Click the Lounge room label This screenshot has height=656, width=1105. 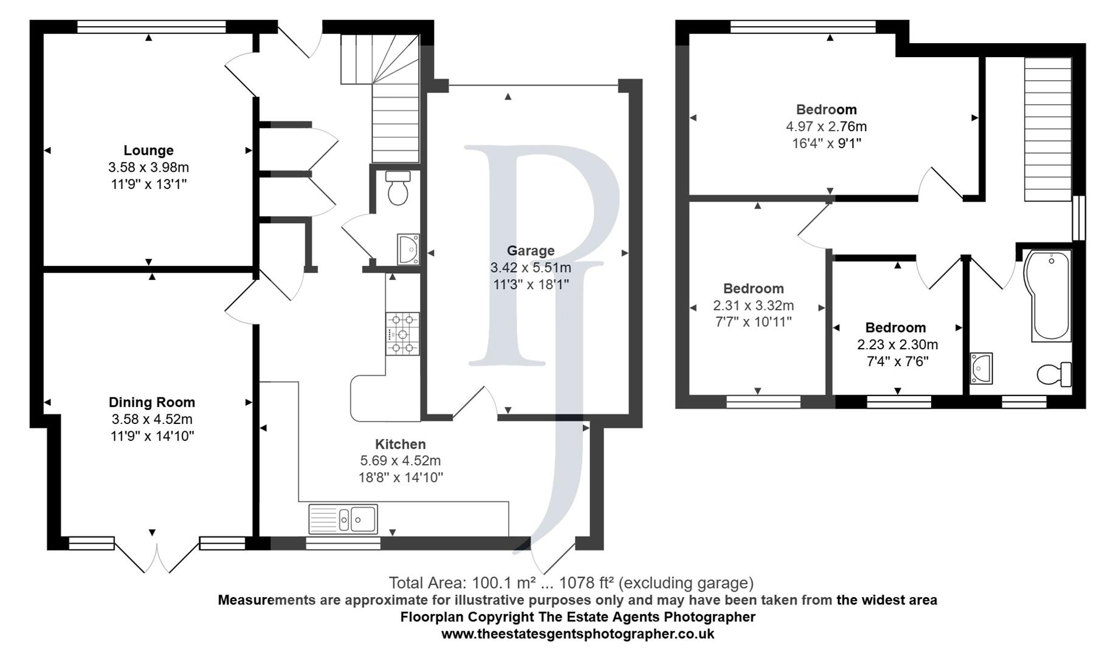pos(148,150)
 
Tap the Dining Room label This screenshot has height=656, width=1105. pos(152,402)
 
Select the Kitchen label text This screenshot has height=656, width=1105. pos(400,444)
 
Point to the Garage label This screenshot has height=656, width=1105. pos(531,250)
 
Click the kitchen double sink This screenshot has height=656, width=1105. pos(343,519)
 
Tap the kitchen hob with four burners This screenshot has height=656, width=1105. pos(402,333)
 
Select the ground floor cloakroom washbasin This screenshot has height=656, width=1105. pos(408,249)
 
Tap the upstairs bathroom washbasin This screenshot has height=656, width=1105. pos(981,368)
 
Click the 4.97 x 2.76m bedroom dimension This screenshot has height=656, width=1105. pos(826,126)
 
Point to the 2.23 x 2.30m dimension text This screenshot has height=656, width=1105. pos(897,344)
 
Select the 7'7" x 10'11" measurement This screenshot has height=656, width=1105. pos(753,322)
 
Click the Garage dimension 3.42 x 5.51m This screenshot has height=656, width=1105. pos(531,267)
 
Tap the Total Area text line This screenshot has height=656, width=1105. pos(571,583)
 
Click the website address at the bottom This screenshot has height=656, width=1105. pos(577,634)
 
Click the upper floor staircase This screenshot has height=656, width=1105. pos(1048,129)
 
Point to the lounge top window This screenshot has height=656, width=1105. pos(152,27)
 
